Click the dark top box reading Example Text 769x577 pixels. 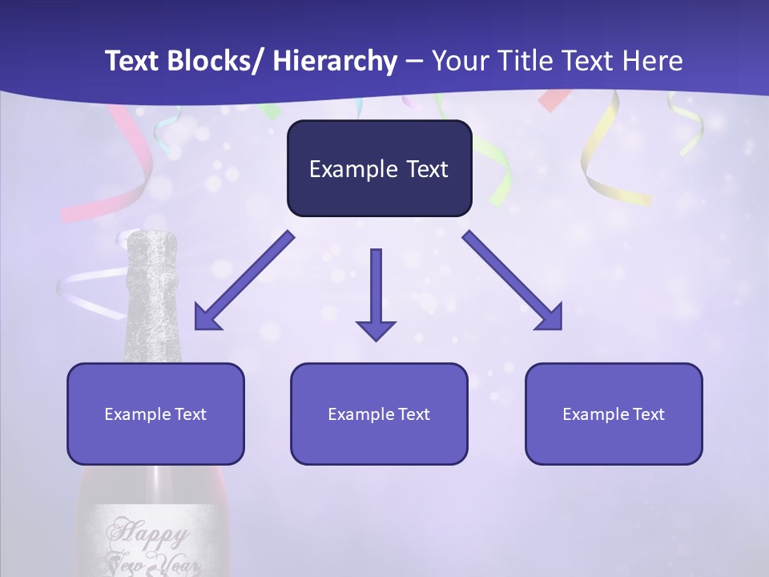[x=379, y=169]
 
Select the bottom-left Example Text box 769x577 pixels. [x=155, y=414]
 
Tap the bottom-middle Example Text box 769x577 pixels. [x=379, y=414]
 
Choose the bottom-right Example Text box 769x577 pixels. [x=614, y=414]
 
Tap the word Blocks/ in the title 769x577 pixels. [x=211, y=62]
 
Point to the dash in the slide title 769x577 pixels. [x=414, y=62]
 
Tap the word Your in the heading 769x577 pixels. [x=456, y=62]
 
